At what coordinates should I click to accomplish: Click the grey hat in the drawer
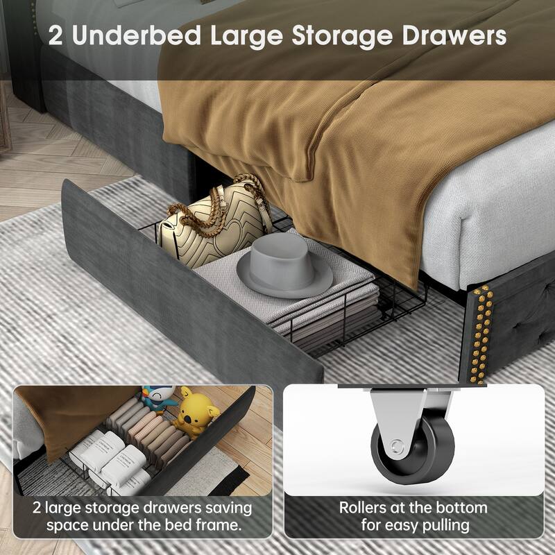click(x=285, y=265)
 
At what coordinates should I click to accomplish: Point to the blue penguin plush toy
click(x=160, y=398)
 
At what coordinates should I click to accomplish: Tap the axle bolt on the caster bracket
click(x=398, y=447)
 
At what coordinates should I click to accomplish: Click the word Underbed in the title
click(x=137, y=36)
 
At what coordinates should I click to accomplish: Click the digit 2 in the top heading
click(x=55, y=36)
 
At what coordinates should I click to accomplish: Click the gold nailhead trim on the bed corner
click(x=481, y=334)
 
